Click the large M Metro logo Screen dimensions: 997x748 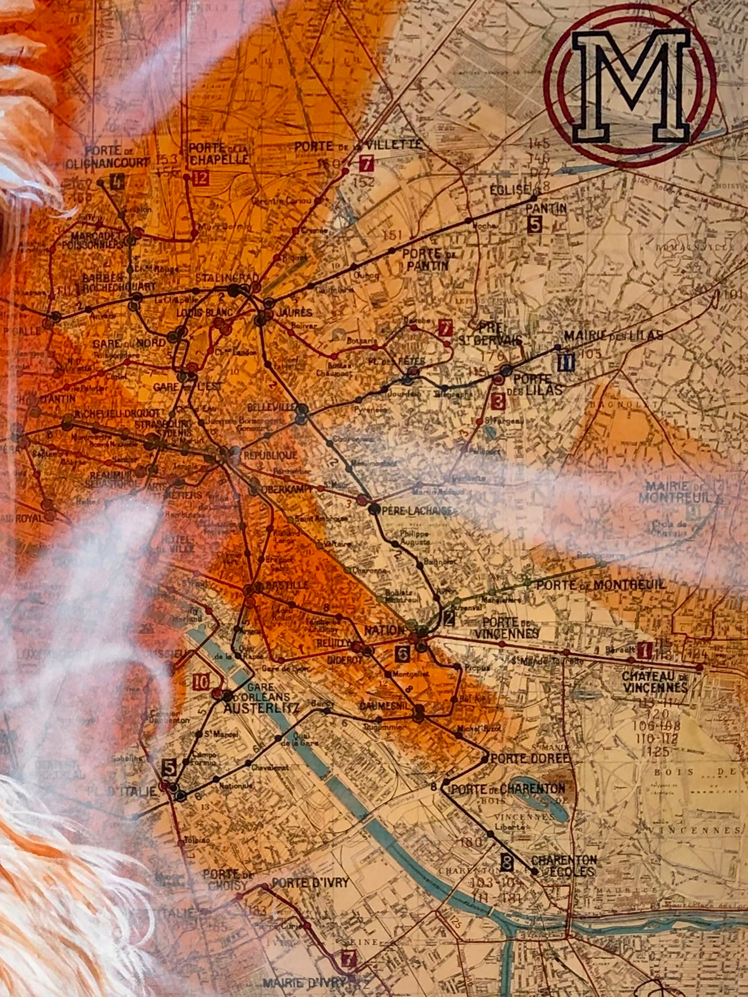pyautogui.click(x=630, y=86)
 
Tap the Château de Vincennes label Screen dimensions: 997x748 pyautogui.click(x=654, y=682)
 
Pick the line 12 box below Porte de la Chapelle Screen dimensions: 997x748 pyautogui.click(x=201, y=179)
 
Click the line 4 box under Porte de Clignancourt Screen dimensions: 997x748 pyautogui.click(x=118, y=182)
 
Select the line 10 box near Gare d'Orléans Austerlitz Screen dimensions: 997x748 pyautogui.click(x=201, y=683)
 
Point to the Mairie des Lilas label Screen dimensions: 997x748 pyautogui.click(x=613, y=336)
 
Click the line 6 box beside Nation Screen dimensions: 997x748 pyautogui.click(x=402, y=653)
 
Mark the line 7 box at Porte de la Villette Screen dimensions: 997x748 pyautogui.click(x=367, y=163)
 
